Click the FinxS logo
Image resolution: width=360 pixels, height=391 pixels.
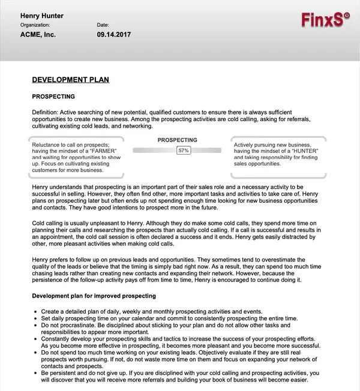pos(322,20)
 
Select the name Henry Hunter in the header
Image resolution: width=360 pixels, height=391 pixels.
pos(42,16)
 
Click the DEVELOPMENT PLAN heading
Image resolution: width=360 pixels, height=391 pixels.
pos(70,80)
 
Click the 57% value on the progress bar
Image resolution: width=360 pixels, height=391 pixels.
pos(184,151)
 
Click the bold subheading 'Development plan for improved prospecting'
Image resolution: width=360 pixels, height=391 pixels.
pos(94,296)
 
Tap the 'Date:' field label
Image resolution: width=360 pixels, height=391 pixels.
pos(103,25)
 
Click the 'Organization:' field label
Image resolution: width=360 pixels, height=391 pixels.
pos(35,25)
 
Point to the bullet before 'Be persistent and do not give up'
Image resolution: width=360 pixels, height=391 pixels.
pos(37,372)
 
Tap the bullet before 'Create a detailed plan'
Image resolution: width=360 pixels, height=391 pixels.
pos(37,312)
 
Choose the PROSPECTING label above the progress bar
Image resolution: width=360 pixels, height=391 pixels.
pos(177,140)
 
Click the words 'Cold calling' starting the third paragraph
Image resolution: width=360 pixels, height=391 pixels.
pos(48,222)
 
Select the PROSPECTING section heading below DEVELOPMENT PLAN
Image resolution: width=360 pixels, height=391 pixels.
pos(53,96)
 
